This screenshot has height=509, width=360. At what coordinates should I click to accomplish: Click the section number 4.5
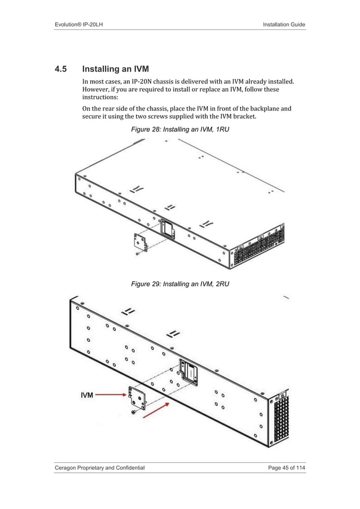pyautogui.click(x=60, y=70)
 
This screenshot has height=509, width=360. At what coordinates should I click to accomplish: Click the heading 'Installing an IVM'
pyautogui.click(x=115, y=70)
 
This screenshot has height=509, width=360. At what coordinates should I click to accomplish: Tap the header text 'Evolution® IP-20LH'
pyautogui.click(x=80, y=24)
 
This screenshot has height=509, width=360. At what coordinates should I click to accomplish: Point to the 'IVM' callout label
pyautogui.click(x=86, y=396)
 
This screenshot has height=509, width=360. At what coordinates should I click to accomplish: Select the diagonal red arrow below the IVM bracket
pyautogui.click(x=155, y=411)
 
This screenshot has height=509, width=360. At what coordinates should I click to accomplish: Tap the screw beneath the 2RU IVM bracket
pyautogui.click(x=133, y=414)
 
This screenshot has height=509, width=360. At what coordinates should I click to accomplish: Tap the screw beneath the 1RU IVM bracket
pyautogui.click(x=137, y=254)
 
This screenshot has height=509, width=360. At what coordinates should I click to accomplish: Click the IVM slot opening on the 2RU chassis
pyautogui.click(x=189, y=371)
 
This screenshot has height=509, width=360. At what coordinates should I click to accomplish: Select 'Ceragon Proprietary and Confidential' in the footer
pyautogui.click(x=99, y=468)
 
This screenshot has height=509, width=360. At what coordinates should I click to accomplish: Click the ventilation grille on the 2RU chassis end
pyautogui.click(x=280, y=420)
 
